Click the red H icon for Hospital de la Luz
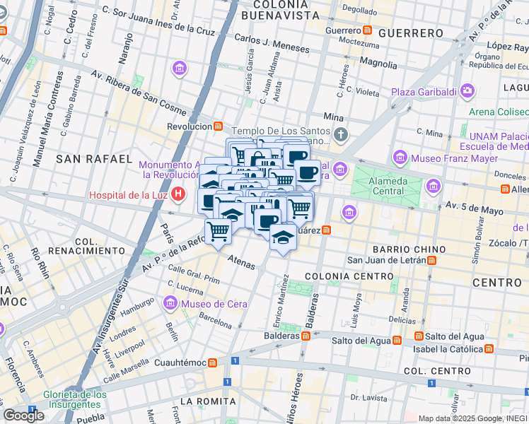coord(179,193)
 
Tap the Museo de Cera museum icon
coord(170,304)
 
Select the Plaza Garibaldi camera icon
coord(467,91)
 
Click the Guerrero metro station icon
coord(368,30)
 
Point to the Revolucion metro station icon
coord(219,126)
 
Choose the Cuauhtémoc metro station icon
coord(212,363)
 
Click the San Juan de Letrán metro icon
coord(431,259)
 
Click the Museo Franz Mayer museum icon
coord(400,155)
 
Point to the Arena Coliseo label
coord(498,111)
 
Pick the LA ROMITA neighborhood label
coord(206,401)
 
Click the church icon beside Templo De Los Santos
coord(342,134)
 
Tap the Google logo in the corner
coord(23,415)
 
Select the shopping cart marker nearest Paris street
coord(219,229)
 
